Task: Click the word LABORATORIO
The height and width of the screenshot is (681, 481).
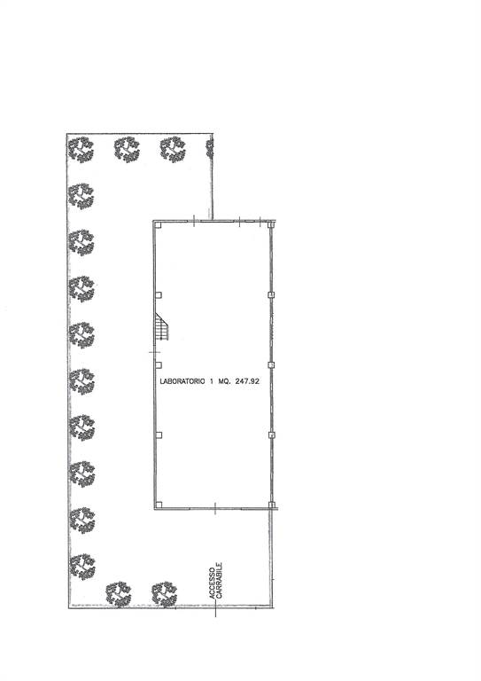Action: (182, 381)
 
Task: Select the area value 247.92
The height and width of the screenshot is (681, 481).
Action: (247, 381)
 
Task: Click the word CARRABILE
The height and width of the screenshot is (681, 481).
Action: (220, 581)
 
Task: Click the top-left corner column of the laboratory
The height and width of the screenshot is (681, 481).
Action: (159, 224)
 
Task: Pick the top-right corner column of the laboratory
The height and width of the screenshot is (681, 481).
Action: (271, 224)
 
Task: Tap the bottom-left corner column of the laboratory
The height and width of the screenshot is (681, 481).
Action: (159, 505)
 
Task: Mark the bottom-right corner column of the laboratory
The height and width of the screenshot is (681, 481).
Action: (272, 505)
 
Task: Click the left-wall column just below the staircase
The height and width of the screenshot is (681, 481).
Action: (159, 364)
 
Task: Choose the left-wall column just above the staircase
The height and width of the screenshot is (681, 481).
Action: (159, 295)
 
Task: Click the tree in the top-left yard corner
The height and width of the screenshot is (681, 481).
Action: (81, 149)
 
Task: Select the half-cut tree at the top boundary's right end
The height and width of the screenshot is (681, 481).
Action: (210, 149)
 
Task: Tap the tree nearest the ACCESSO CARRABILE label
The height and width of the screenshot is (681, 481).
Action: (165, 594)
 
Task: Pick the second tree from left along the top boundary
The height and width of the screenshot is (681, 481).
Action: (127, 149)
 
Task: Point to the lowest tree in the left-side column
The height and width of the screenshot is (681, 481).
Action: (82, 567)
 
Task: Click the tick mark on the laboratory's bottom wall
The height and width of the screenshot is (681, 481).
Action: (215, 508)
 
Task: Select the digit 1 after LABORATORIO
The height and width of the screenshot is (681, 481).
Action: (211, 381)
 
